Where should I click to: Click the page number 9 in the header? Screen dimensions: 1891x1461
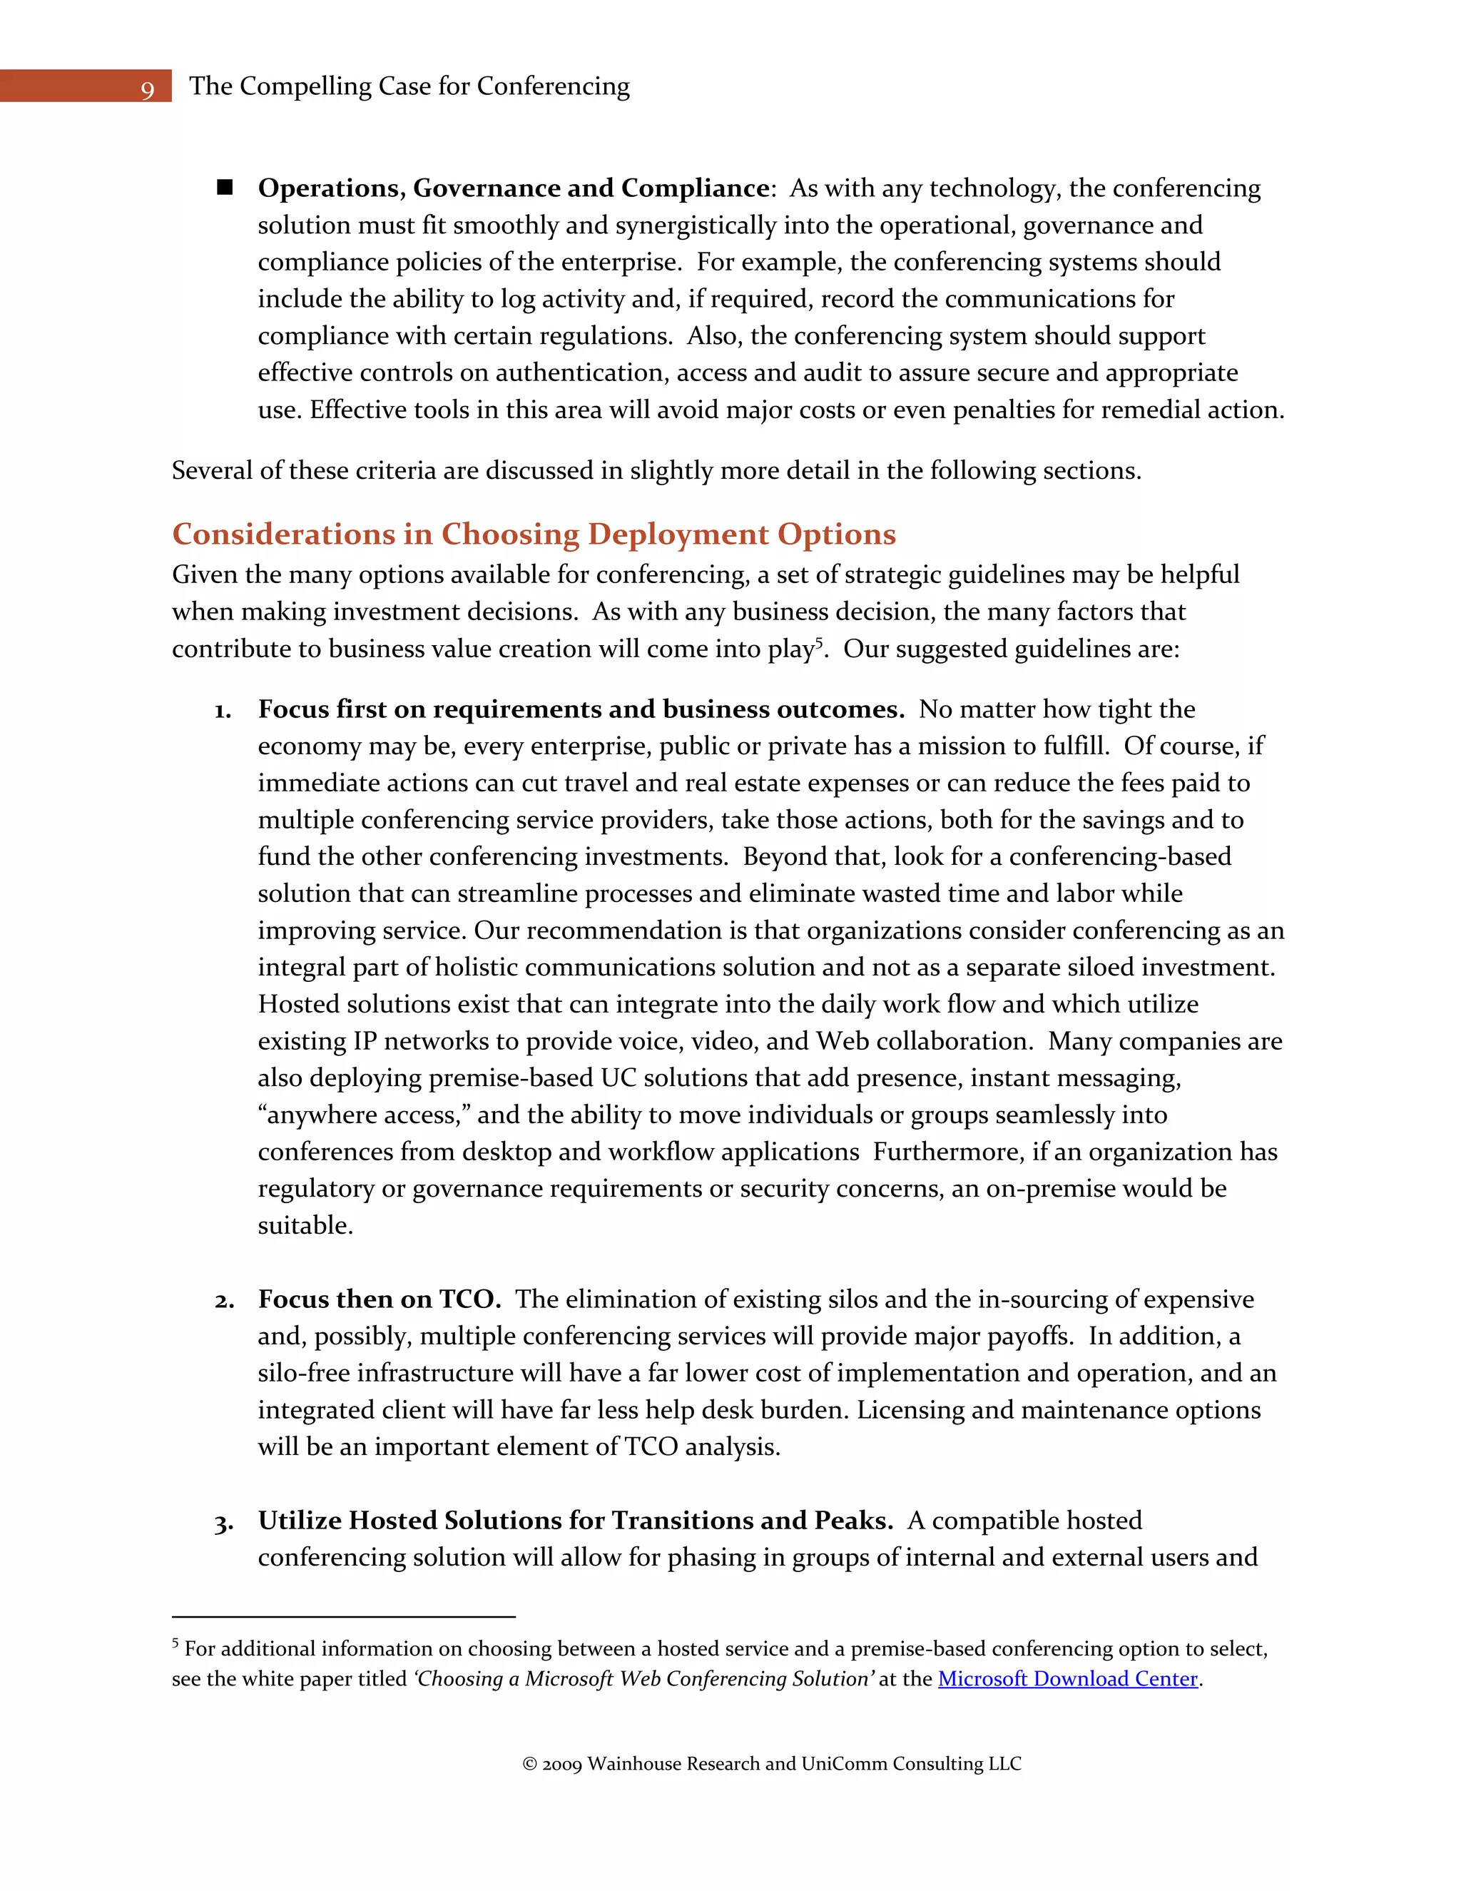coord(147,89)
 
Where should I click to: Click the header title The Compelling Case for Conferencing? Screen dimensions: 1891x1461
coord(409,86)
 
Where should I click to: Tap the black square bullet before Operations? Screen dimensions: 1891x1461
coord(225,187)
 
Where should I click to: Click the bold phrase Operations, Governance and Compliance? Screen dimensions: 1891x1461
coord(513,188)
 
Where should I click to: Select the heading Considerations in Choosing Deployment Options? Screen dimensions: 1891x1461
coord(533,534)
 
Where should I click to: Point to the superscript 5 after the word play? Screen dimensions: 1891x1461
coord(819,642)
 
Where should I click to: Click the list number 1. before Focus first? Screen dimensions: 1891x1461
coord(223,711)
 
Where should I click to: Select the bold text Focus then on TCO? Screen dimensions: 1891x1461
coord(379,1299)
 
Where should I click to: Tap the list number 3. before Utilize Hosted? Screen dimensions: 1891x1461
coord(224,1523)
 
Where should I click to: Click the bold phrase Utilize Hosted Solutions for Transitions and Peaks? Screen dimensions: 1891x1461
coord(575,1521)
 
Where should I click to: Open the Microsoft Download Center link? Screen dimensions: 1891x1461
coord(1067,1679)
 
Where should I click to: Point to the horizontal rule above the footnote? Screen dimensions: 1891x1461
coord(344,1616)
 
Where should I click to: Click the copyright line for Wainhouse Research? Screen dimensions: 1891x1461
coord(772,1764)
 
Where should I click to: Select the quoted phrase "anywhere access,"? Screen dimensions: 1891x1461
coord(364,1115)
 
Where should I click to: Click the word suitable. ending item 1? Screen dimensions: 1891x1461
coord(305,1226)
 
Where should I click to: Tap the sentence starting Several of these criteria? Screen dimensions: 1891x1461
coord(656,471)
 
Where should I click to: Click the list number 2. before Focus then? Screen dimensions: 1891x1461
coord(224,1302)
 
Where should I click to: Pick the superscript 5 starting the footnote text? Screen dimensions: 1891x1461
coord(175,1643)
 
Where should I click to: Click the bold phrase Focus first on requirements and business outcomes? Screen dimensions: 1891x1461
coord(581,709)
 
